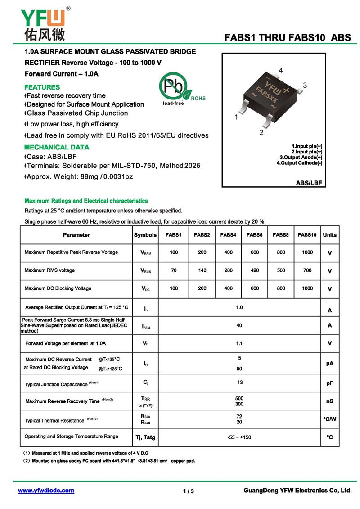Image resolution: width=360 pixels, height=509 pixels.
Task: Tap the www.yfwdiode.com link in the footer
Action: [x=46, y=491]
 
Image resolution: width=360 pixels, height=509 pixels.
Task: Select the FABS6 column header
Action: [x=255, y=235]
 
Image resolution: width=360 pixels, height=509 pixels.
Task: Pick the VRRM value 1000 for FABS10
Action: [x=307, y=252]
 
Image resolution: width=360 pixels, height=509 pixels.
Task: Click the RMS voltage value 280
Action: [x=228, y=270]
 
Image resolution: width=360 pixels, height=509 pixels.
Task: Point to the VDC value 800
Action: [x=281, y=288]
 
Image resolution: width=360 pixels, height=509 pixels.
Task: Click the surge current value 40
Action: [x=239, y=325]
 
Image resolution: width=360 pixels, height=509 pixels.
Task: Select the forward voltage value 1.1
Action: [x=239, y=343]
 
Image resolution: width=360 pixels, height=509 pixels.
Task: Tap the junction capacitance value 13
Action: [x=240, y=383]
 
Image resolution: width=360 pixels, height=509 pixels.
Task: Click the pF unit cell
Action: [x=329, y=383]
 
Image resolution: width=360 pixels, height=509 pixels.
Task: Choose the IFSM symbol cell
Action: [x=146, y=326]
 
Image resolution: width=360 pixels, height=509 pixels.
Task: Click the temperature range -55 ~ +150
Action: [x=239, y=437]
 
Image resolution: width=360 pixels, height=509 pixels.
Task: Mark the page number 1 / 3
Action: [x=189, y=491]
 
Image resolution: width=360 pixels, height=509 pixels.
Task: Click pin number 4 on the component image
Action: [x=280, y=70]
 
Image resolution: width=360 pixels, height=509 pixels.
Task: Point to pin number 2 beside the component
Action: [x=261, y=132]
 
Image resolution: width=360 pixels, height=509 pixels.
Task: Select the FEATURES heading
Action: [x=42, y=87]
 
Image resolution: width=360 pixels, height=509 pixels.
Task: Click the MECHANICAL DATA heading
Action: [x=57, y=147]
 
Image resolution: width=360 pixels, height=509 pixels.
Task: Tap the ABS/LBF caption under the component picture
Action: [x=310, y=183]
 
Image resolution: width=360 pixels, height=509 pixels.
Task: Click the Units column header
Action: [x=329, y=235]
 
